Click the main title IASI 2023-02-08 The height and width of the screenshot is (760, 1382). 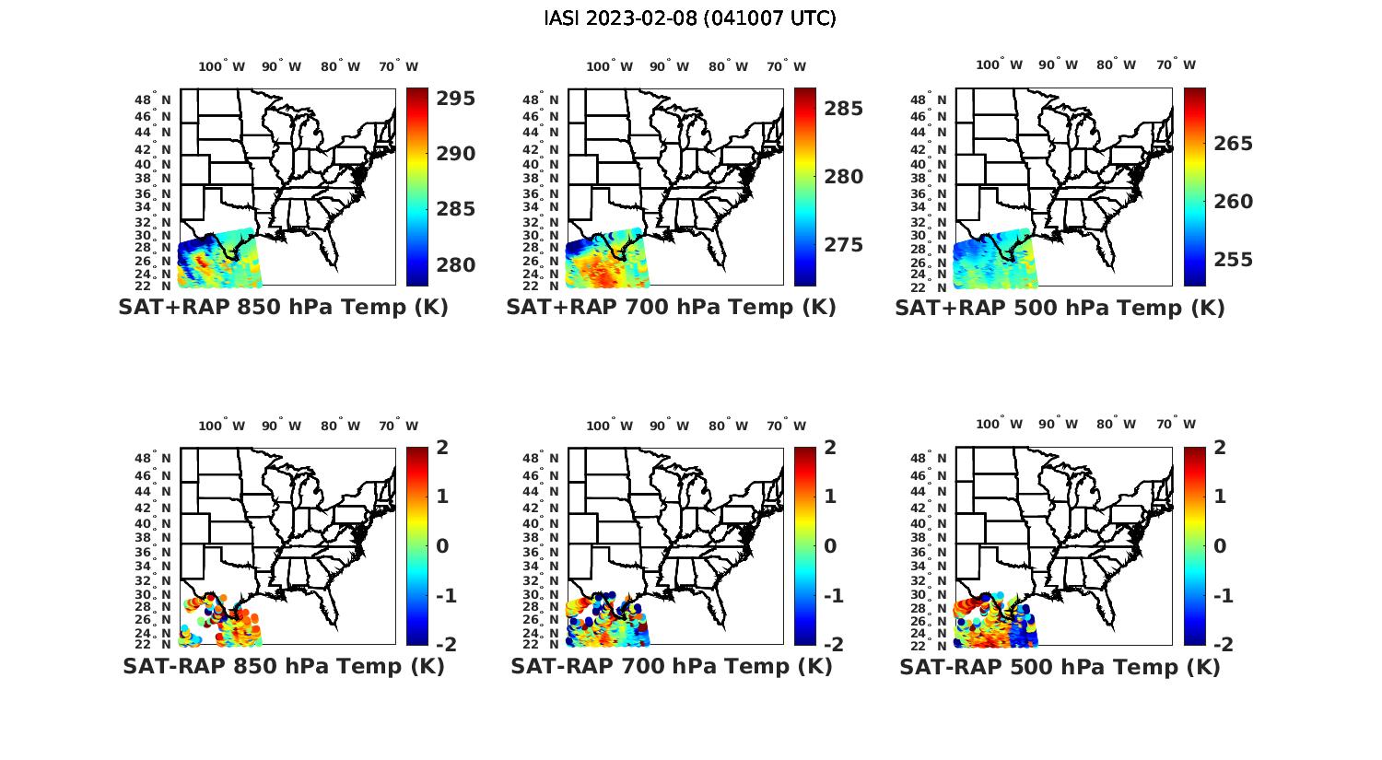tap(690, 18)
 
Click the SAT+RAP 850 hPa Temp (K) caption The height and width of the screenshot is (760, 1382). tap(283, 308)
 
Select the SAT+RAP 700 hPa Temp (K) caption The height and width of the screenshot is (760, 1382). tap(671, 308)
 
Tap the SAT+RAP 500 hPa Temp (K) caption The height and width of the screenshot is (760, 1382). tap(1060, 309)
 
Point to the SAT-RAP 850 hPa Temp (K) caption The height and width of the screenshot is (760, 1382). tap(283, 666)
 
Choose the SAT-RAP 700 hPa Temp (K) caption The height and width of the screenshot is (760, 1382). tap(671, 666)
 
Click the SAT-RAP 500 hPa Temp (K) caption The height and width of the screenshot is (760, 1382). tap(1060, 667)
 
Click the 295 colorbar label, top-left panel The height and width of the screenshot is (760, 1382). tap(456, 99)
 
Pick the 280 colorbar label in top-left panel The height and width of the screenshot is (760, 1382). tap(456, 265)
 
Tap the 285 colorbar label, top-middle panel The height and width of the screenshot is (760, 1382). tap(844, 109)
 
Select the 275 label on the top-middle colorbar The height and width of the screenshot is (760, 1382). tap(844, 245)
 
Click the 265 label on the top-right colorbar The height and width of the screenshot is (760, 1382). tap(1234, 144)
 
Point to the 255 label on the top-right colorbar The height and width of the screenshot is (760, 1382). tap(1234, 260)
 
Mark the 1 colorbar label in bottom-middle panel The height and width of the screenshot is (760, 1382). tap(830, 497)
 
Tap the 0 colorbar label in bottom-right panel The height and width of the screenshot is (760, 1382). tap(1221, 546)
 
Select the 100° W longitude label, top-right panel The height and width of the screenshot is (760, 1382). tap(999, 64)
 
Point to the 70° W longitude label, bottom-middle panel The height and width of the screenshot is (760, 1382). tap(786, 426)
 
